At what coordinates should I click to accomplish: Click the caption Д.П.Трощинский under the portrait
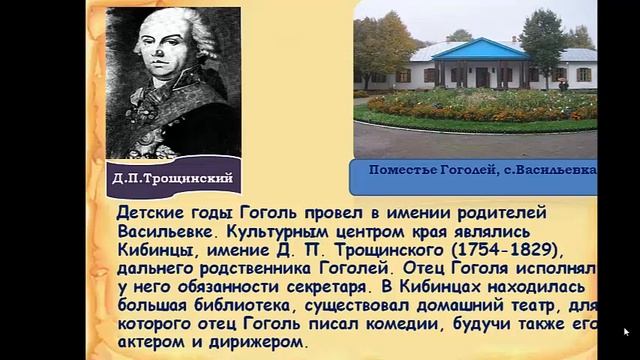point(177,179)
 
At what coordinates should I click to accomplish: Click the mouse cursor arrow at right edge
point(626,331)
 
